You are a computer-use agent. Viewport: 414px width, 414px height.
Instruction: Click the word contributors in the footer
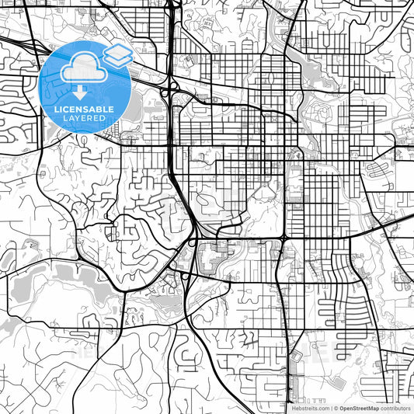396,408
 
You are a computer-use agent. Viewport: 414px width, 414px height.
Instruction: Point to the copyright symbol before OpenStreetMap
336,408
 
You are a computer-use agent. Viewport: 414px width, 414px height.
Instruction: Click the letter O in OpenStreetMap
342,408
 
